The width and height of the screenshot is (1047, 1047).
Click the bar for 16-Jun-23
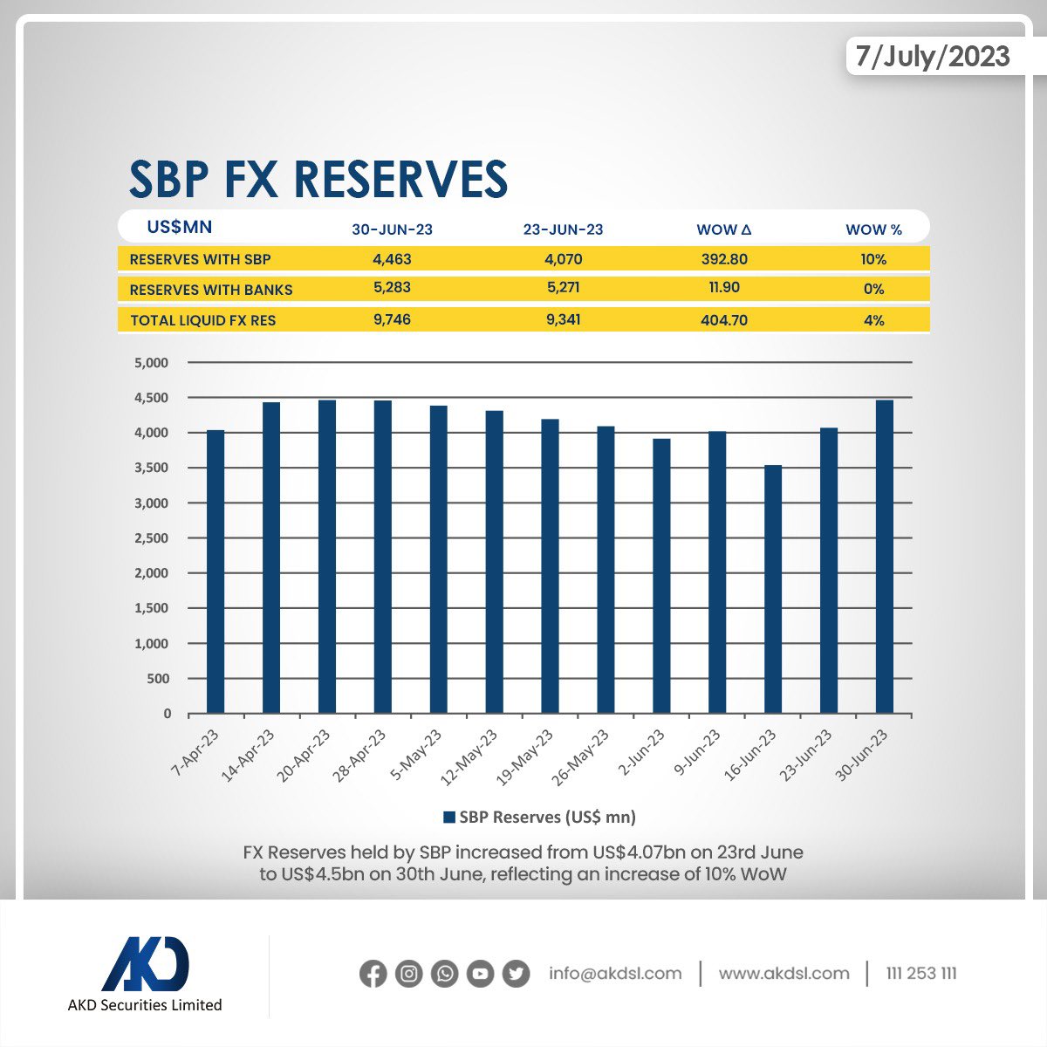coord(773,590)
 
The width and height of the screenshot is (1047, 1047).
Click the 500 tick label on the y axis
coord(158,679)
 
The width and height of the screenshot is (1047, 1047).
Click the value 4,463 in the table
coord(392,259)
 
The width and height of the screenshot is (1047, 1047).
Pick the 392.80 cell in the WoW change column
coord(723,259)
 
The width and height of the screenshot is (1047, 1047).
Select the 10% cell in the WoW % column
coord(872,259)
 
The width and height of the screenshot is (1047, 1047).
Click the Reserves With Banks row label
coord(211,290)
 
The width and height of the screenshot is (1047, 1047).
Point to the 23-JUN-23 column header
coord(563,229)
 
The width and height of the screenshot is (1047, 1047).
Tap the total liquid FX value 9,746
coord(392,319)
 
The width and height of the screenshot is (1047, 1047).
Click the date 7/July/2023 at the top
coord(932,57)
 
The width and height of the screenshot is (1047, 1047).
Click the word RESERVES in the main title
coord(400,180)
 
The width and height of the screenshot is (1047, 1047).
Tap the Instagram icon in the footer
coord(408,973)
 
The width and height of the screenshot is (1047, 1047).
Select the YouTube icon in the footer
coord(480,973)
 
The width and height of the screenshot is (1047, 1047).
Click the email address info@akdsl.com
coord(615,973)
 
